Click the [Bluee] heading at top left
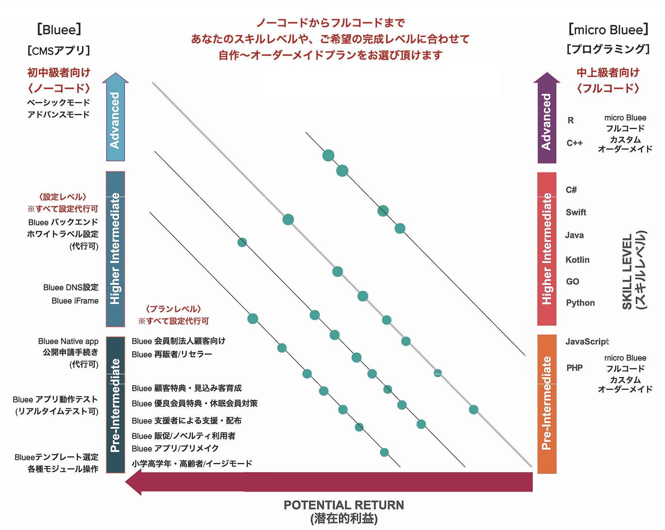59,30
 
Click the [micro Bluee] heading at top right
608,30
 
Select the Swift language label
576,212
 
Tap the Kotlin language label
577,260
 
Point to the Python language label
580,303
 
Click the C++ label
574,143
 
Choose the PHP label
574,368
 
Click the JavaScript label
587,342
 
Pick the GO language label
572,281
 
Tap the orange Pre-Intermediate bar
547,404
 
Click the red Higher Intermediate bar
547,249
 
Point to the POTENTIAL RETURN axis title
344,505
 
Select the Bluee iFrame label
75,301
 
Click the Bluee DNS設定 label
71,288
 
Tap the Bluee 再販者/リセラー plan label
172,355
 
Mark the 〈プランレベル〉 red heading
173,309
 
